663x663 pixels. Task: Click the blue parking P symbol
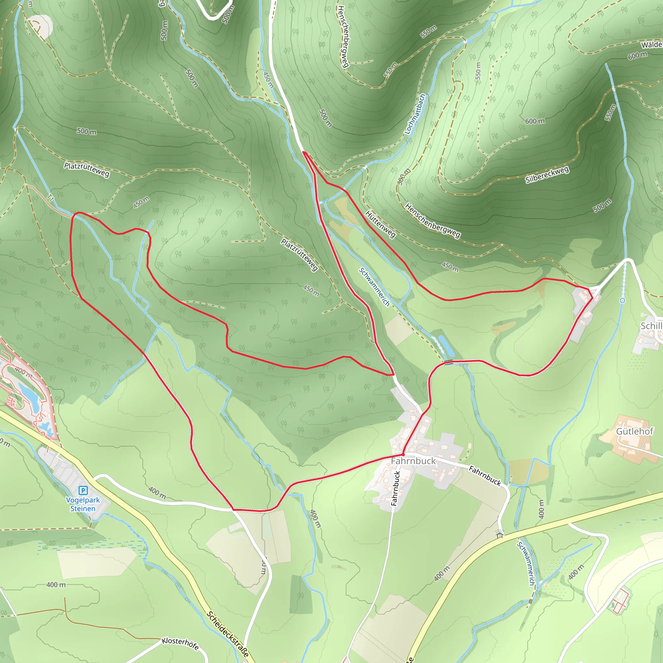coord(83,490)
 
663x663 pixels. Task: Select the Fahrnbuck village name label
coord(413,461)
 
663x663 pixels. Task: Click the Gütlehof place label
coord(635,431)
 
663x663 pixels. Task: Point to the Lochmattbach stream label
coord(415,114)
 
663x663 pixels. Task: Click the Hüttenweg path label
coord(381,224)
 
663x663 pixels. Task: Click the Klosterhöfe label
coord(181,644)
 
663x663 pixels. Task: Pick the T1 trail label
coord(51,198)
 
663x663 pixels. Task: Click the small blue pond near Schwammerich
coord(446,346)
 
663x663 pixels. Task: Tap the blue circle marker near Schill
coord(623,300)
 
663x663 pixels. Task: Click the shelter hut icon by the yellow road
coord(500,534)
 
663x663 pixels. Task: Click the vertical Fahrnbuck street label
coord(396,489)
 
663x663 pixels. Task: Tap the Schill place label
coord(651,326)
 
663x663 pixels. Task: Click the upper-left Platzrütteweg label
coord(87,170)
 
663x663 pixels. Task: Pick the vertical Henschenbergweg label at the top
coord(343,36)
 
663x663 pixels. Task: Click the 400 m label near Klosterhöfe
coord(56,585)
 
